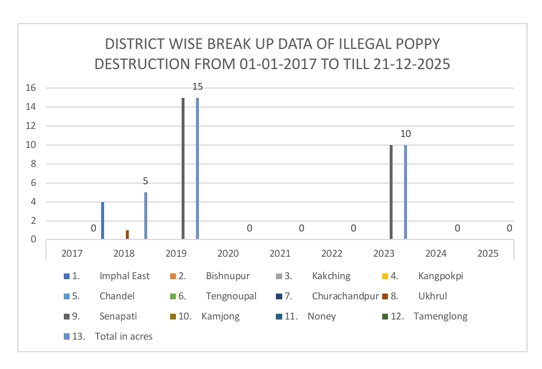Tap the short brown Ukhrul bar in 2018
pyautogui.click(x=128, y=234)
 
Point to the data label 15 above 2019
pyautogui.click(x=198, y=87)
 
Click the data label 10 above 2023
pyautogui.click(x=406, y=134)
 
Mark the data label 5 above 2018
pyautogui.click(x=146, y=181)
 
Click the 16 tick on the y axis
pyautogui.click(x=31, y=88)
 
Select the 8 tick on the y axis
pyautogui.click(x=33, y=163)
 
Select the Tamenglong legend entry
pyautogui.click(x=440, y=316)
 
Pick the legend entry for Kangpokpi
pyautogui.click(x=441, y=276)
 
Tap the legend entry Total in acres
pyautogui.click(x=124, y=336)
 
